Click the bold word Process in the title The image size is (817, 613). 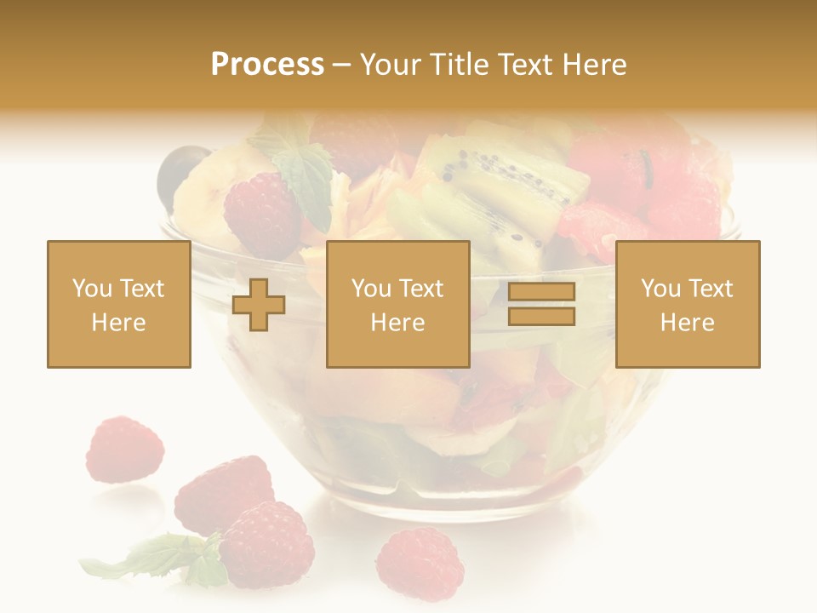pyautogui.click(x=267, y=65)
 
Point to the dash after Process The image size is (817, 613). pyautogui.click(x=342, y=66)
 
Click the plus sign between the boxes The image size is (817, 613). pyautogui.click(x=259, y=305)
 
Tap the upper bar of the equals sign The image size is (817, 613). pyautogui.click(x=541, y=292)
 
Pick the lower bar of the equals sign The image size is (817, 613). pyautogui.click(x=541, y=317)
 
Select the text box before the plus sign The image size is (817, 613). pyautogui.click(x=119, y=304)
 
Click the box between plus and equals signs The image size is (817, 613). pyautogui.click(x=398, y=304)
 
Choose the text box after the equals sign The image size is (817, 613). pyautogui.click(x=688, y=304)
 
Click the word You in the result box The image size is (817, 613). pyautogui.click(x=660, y=289)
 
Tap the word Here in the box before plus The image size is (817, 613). pyautogui.click(x=119, y=323)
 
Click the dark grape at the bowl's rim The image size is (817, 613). pyautogui.click(x=180, y=166)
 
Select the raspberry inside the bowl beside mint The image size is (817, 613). pyautogui.click(x=261, y=215)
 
